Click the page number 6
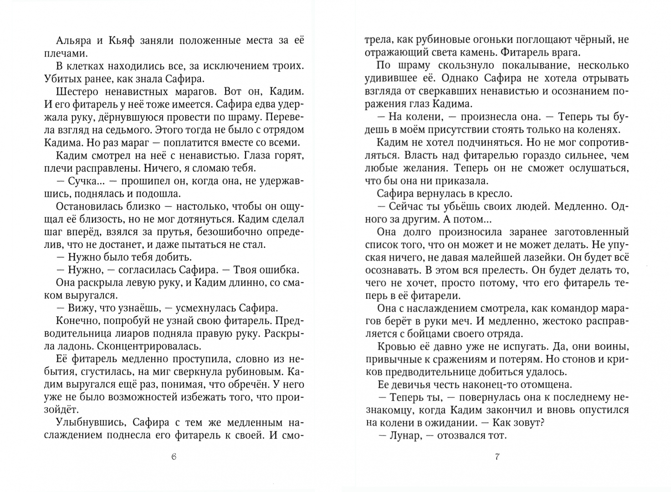point(173,457)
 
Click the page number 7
point(497,457)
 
